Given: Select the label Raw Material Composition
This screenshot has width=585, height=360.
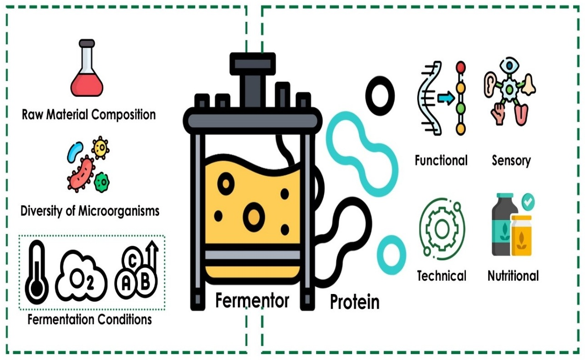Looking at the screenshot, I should tap(89, 114).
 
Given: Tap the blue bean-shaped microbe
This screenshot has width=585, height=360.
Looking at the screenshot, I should tap(75, 152).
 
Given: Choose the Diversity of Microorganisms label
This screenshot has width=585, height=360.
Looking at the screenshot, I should tap(90, 211).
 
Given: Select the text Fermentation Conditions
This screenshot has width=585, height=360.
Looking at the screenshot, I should tap(90, 319).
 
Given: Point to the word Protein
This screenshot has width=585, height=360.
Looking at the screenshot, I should tap(354, 302).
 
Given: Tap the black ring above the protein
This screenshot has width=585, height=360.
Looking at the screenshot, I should tap(379, 96).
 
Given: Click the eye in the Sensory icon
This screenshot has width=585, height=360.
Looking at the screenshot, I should tap(509, 66).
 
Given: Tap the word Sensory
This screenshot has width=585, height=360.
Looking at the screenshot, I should tap(511, 161).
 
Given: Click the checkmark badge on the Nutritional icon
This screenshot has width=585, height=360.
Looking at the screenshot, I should tap(528, 201).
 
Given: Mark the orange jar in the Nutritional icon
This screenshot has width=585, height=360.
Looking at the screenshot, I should tap(521, 236).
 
